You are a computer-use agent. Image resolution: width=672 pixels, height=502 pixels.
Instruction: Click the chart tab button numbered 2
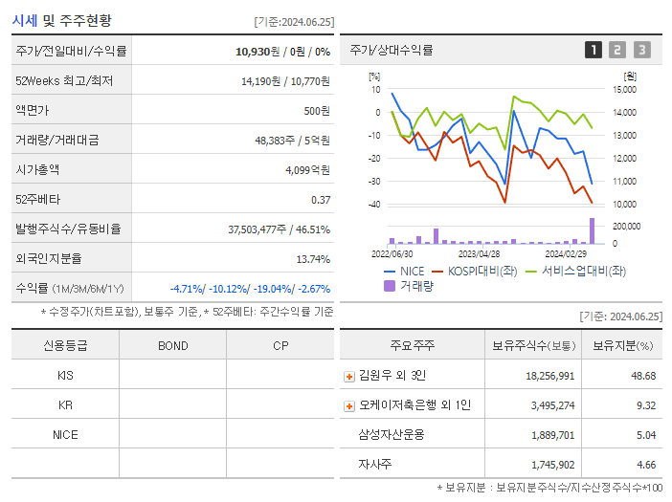pos(617,50)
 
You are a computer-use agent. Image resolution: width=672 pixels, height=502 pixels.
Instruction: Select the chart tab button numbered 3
pos(641,50)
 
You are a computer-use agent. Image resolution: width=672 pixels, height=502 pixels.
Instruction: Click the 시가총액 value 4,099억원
pos(307,170)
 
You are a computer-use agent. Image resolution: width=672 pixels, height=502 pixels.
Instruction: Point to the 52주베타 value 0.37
pos(320,200)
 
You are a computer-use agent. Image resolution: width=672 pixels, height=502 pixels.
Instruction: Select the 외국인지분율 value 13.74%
pos(313,259)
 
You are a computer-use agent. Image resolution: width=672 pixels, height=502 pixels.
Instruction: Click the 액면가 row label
pos(33,111)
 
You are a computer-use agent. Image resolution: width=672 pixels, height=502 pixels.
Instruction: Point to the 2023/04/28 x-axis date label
pos(479,254)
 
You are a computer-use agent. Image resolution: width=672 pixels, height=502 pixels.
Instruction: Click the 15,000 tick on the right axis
pos(623,90)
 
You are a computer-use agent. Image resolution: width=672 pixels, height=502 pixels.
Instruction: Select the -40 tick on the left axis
pos(374,205)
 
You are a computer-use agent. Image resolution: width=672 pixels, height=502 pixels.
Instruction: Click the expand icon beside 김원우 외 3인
pos(349,377)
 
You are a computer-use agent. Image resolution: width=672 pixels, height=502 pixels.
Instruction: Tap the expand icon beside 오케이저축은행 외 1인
pos(349,406)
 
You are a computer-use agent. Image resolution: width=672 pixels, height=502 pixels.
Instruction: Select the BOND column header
pos(172,346)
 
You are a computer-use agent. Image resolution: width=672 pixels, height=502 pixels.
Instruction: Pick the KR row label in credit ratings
pos(65,405)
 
